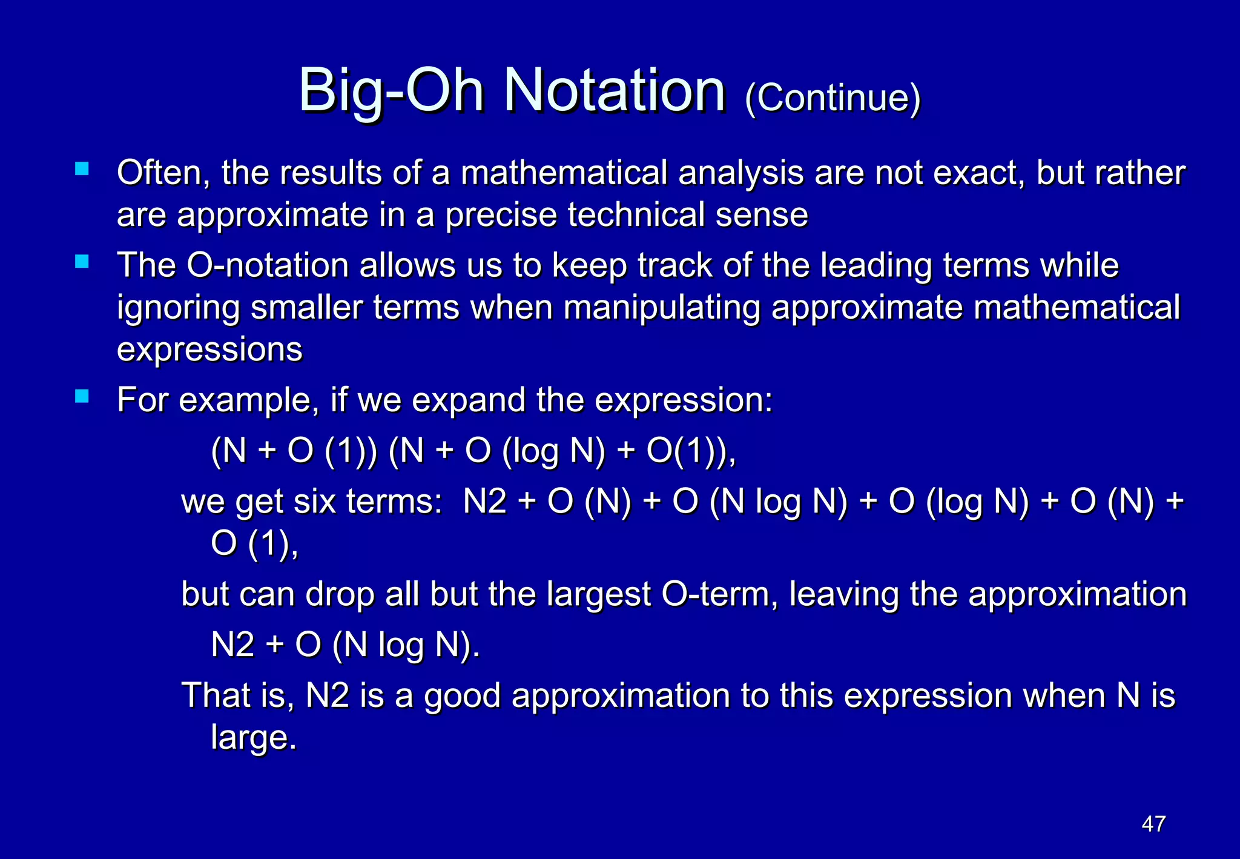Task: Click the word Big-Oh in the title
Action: [x=391, y=91]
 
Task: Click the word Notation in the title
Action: [x=614, y=91]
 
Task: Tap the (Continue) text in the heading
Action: [x=833, y=98]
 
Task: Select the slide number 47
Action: [x=1153, y=824]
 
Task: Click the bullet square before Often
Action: [x=82, y=168]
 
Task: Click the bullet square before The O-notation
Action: [x=82, y=262]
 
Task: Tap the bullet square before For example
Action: [x=82, y=396]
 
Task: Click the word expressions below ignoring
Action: [x=209, y=350]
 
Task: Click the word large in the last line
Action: [x=253, y=738]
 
